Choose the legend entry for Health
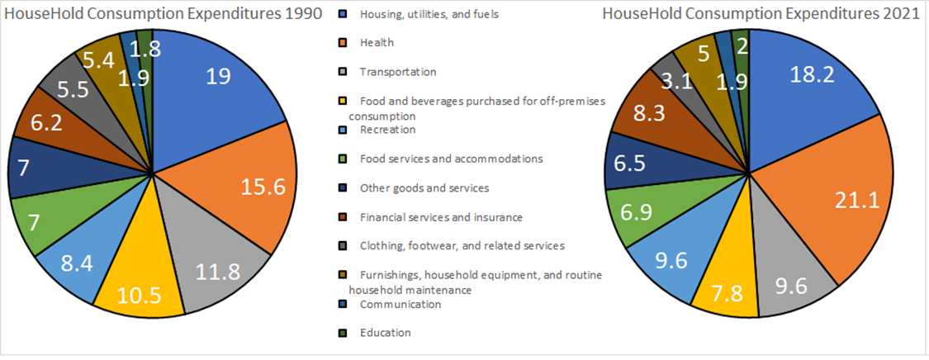(377, 43)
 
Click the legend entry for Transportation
(397, 72)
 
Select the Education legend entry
(385, 333)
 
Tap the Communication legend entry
(400, 304)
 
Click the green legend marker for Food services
(343, 159)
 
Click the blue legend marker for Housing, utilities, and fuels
(343, 14)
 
